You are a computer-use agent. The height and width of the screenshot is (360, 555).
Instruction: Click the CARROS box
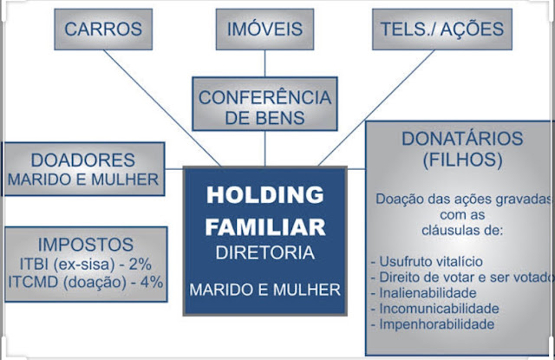click(103, 29)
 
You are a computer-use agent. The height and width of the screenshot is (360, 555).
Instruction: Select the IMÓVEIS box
click(265, 29)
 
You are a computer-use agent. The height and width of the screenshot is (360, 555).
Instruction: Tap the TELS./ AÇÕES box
click(441, 29)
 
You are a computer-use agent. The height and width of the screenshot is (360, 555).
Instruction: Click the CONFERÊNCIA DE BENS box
click(265, 108)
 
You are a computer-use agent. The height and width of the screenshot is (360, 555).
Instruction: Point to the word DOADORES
click(82, 160)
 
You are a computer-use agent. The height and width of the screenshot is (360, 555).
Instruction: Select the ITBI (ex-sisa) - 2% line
click(85, 264)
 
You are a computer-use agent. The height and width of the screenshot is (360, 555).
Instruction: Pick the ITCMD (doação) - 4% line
click(85, 283)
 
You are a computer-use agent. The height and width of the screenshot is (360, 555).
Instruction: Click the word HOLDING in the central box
click(265, 194)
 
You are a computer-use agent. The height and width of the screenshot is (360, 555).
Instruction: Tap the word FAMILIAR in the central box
click(265, 226)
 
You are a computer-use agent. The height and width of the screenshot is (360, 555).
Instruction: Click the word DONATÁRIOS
click(462, 139)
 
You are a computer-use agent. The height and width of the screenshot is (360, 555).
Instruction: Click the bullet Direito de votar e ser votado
click(460, 277)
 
